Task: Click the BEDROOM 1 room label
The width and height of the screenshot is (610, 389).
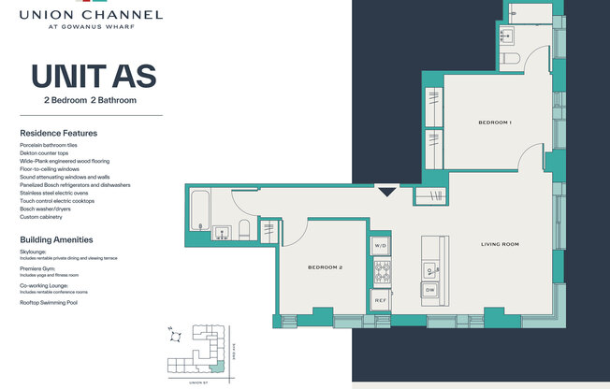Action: click(x=493, y=122)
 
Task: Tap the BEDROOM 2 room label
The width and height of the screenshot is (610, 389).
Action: click(x=325, y=267)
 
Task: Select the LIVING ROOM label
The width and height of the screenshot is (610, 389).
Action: click(x=500, y=244)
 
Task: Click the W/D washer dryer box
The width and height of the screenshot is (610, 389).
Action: click(x=381, y=246)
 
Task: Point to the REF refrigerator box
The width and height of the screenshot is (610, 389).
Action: click(x=381, y=301)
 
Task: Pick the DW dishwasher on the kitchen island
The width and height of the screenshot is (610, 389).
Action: click(x=430, y=291)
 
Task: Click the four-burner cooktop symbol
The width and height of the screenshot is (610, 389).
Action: click(x=382, y=273)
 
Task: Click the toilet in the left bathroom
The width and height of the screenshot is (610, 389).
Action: click(x=242, y=228)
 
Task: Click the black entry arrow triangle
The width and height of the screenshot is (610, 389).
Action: click(x=387, y=192)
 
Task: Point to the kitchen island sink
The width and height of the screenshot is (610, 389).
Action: click(x=430, y=271)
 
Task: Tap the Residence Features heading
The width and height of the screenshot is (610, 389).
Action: click(x=58, y=133)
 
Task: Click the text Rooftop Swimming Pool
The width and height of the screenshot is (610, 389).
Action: click(x=50, y=303)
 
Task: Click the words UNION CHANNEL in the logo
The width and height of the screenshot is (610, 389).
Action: click(x=91, y=15)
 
